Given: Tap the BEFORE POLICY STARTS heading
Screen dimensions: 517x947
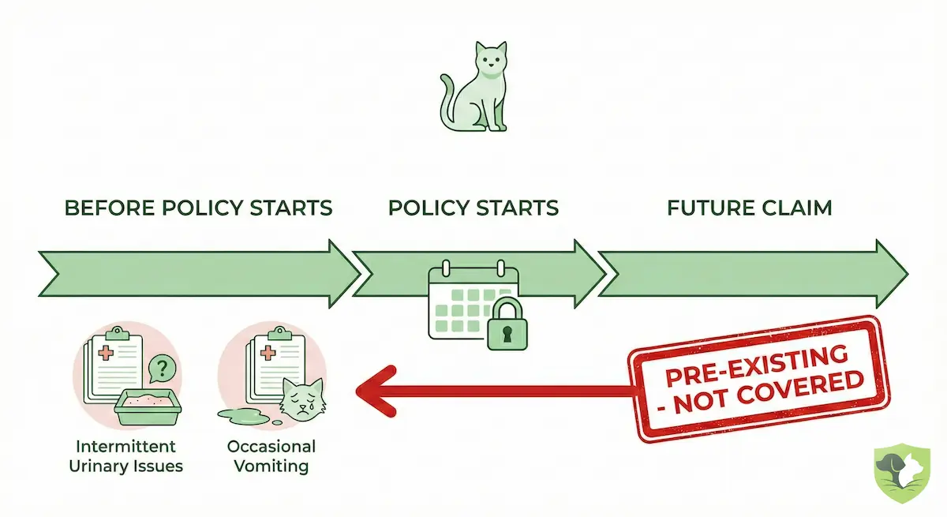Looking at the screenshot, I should (198, 208).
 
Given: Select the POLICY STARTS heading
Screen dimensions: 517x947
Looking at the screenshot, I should (473, 208).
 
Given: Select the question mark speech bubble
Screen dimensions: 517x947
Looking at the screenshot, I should (162, 367).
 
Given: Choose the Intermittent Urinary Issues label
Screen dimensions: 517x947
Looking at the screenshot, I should (126, 456).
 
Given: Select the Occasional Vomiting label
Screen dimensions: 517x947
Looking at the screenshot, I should (271, 456).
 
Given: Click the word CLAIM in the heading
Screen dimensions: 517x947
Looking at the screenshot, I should (799, 208).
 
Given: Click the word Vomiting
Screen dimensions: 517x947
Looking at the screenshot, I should (271, 466).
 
